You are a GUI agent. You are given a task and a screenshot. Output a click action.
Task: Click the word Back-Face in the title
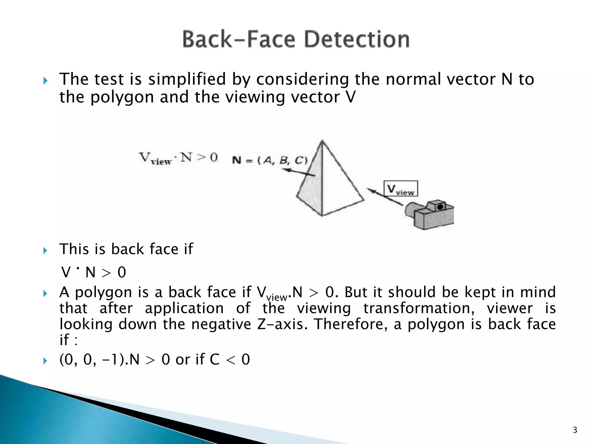[x=239, y=39]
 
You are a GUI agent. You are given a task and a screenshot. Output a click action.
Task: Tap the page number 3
[x=575, y=430]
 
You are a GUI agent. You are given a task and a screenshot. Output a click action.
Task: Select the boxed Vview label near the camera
[x=401, y=189]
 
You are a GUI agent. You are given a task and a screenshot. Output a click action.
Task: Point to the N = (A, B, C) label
[x=270, y=160]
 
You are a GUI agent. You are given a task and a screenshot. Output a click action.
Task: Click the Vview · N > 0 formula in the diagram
[x=178, y=158]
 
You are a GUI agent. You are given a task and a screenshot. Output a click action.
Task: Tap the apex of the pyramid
[x=322, y=141]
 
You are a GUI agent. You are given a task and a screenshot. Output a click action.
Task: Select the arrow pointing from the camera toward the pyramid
[x=384, y=197]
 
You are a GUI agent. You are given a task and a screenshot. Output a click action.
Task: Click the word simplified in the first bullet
[x=187, y=79]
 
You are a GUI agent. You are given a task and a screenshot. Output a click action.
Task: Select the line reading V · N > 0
[x=94, y=272]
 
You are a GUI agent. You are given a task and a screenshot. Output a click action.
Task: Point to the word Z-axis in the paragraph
[x=282, y=324]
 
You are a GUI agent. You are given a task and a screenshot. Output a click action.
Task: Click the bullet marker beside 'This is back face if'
[x=45, y=250]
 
